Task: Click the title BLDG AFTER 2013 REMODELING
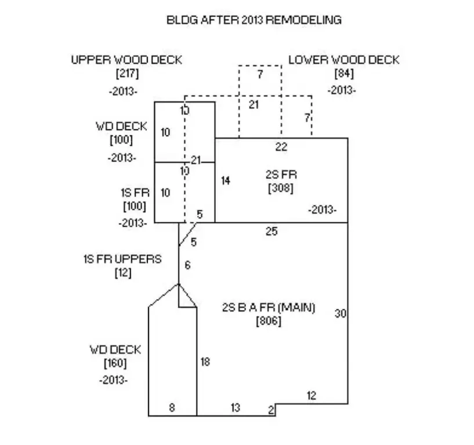[x=254, y=20]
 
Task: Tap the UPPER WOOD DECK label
[x=126, y=60]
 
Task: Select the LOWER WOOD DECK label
[x=344, y=60]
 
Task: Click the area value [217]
[x=127, y=74]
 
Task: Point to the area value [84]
[x=344, y=74]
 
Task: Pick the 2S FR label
[x=281, y=175]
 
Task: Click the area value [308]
[x=281, y=188]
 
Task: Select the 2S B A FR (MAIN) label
[x=269, y=308]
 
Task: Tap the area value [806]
[x=269, y=321]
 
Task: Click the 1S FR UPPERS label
[x=123, y=260]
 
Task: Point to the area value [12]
[x=123, y=273]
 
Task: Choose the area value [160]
[x=115, y=363]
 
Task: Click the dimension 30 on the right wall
[x=341, y=313]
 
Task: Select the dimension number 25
[x=272, y=232]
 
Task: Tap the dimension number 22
[x=281, y=147]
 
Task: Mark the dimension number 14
[x=226, y=181]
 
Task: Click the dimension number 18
[x=205, y=362]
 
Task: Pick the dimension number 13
[x=236, y=408]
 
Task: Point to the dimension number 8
[x=172, y=408]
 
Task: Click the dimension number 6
[x=188, y=265]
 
